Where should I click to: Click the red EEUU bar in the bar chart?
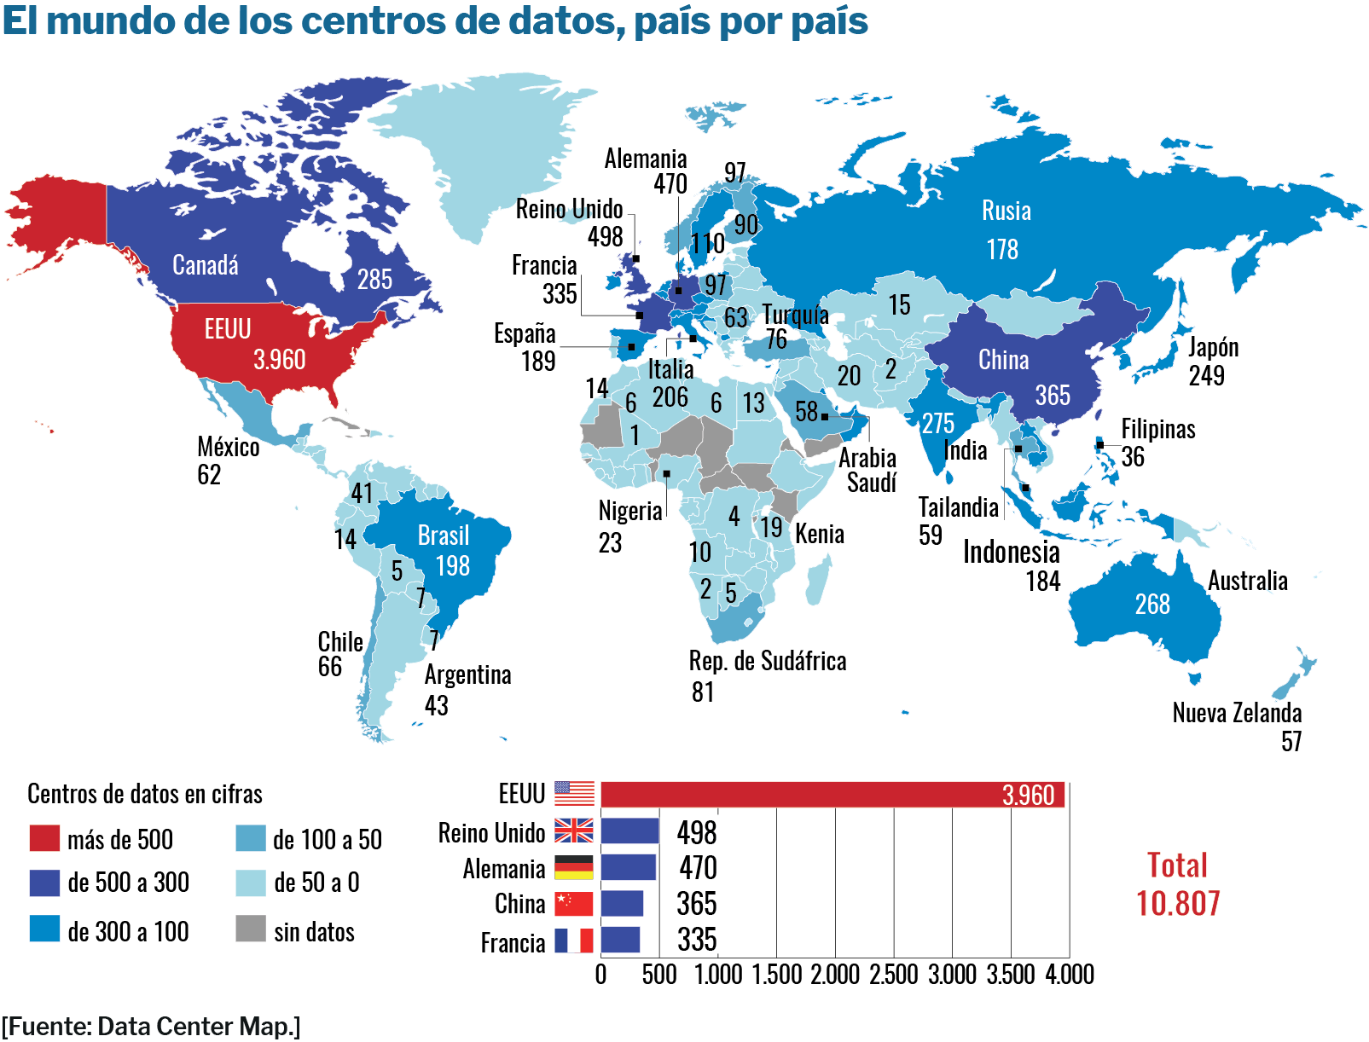[x=832, y=795]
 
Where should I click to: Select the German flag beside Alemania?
[x=573, y=867]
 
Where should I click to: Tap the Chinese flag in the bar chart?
[x=573, y=904]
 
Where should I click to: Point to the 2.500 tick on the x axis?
[x=893, y=975]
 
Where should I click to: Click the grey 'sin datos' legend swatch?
[x=251, y=929]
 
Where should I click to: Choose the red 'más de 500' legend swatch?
[x=44, y=838]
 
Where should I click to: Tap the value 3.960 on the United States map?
[x=280, y=360]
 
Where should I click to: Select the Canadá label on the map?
[x=206, y=265]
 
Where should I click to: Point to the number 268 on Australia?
[x=1152, y=605]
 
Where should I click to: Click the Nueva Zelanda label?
[x=1237, y=713]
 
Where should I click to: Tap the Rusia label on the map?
[x=1006, y=211]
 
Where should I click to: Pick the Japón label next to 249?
[x=1213, y=348]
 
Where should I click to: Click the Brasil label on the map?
[x=444, y=535]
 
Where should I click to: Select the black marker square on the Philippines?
[x=1100, y=445]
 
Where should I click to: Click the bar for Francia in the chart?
[x=620, y=940]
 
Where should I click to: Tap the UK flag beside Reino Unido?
[x=573, y=831]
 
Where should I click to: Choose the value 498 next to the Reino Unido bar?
[x=697, y=832]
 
